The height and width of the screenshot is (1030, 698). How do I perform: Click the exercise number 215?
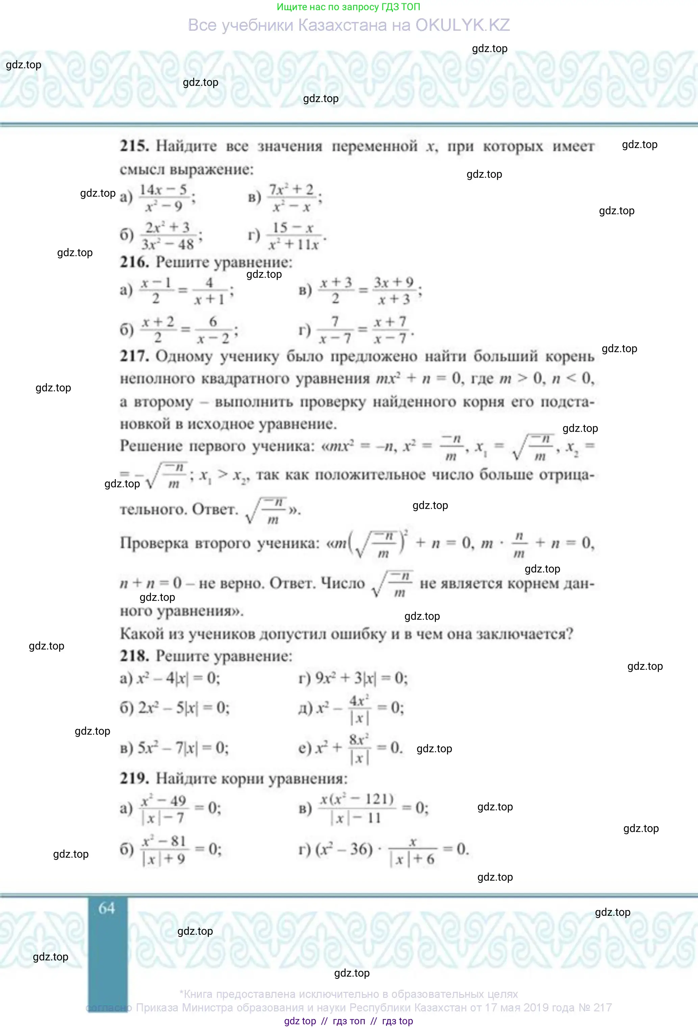tap(134, 146)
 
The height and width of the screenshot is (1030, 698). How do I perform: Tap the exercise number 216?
tap(134, 262)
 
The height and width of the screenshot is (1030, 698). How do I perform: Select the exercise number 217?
tap(134, 356)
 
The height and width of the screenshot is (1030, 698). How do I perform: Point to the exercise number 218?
tap(134, 656)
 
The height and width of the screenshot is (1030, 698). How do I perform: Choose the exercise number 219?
tap(134, 778)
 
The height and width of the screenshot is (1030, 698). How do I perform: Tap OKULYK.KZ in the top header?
tap(462, 25)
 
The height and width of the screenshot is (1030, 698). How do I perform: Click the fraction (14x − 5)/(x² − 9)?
tap(164, 198)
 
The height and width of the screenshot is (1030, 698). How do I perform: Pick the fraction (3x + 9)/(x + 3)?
tap(394, 291)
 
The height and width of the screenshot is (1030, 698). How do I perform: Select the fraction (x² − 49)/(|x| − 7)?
tap(164, 809)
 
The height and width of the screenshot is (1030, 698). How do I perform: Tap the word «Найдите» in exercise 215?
tap(186, 146)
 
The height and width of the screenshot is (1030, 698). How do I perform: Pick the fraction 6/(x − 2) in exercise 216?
tap(213, 330)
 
